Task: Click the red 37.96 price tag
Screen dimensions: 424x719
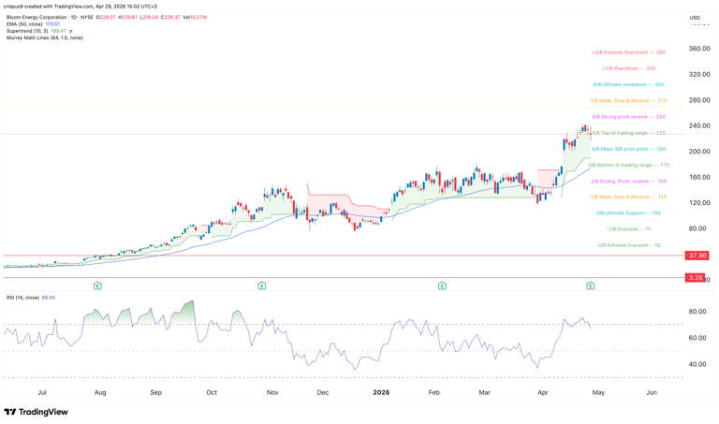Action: pos(696,256)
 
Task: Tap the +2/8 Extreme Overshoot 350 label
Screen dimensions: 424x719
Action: pos(628,52)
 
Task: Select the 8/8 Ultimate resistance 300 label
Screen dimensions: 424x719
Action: pos(628,84)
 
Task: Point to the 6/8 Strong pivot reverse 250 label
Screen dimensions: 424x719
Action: pos(628,117)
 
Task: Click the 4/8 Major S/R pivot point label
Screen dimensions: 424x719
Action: pos(628,149)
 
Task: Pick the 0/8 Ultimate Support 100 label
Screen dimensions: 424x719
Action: pos(628,212)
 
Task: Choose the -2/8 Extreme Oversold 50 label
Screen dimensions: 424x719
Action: pos(628,245)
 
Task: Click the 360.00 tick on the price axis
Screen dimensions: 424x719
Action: pos(698,49)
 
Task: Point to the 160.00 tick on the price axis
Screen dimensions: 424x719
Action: pos(698,177)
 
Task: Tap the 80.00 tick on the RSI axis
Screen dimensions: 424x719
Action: pos(697,312)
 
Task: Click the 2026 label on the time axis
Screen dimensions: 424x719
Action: pos(381,392)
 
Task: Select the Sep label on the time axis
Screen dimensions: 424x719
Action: pos(156,392)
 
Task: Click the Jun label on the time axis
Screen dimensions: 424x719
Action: pos(652,392)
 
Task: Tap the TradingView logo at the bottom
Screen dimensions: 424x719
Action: pos(36,412)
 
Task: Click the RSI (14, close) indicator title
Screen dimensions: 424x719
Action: pos(22,298)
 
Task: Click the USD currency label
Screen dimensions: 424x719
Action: pos(695,18)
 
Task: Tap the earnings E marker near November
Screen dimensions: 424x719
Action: pos(262,285)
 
